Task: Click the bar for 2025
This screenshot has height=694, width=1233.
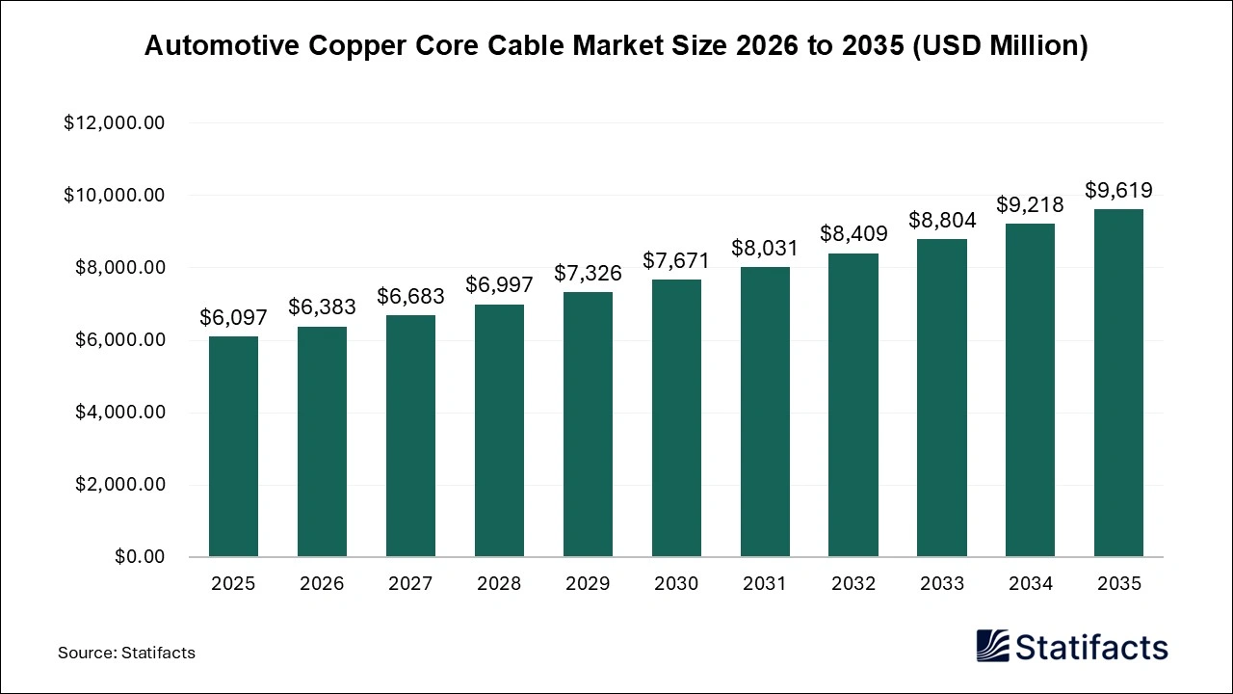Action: [x=233, y=446]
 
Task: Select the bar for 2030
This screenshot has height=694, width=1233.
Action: [x=676, y=418]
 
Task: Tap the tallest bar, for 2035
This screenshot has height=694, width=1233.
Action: [x=1118, y=383]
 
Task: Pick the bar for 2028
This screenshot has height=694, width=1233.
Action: [x=499, y=431]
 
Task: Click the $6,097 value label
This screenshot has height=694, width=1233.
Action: [x=233, y=317]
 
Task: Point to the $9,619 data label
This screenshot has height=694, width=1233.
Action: [x=1118, y=190]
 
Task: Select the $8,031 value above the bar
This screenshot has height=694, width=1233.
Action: [x=765, y=248]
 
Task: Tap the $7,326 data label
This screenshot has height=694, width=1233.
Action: [x=588, y=273]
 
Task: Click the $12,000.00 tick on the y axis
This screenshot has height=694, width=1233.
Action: [x=115, y=123]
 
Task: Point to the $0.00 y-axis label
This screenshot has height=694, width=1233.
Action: [x=140, y=557]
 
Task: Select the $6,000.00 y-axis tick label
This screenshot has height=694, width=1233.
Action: [x=119, y=340]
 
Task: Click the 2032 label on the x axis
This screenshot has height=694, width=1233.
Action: [x=853, y=584]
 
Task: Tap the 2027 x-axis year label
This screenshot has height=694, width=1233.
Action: [x=410, y=584]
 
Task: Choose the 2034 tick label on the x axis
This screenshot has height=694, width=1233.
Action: [x=1030, y=584]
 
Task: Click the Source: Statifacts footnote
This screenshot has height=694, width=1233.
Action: [x=126, y=653]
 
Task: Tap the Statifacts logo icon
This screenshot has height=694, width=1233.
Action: [x=993, y=646]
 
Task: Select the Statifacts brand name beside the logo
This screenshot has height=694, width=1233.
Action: [x=1091, y=647]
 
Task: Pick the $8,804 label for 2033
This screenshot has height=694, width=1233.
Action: [x=942, y=220]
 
